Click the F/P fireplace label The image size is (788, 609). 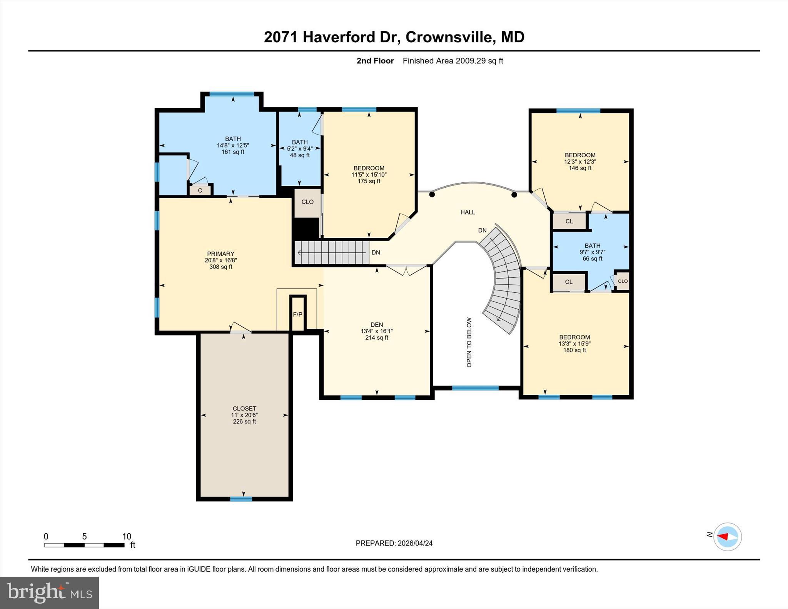[x=297, y=314]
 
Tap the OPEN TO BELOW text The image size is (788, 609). [x=469, y=342]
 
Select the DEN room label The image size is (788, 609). [x=377, y=325]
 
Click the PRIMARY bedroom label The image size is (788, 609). [x=220, y=254]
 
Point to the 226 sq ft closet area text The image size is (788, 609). [x=244, y=422]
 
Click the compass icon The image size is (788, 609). [x=727, y=537]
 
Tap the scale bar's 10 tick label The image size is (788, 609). [x=127, y=536]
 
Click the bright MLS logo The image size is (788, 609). [x=49, y=592]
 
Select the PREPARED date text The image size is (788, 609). [x=394, y=543]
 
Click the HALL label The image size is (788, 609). [x=467, y=212]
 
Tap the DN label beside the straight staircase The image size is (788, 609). [x=376, y=253]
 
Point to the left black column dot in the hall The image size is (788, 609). [x=432, y=195]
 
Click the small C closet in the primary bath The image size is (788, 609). [x=200, y=190]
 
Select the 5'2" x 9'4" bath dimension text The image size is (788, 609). [x=300, y=148]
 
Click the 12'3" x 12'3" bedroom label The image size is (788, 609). [x=580, y=162]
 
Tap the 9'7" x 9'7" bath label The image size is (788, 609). [x=592, y=252]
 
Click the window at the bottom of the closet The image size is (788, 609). [x=241, y=499]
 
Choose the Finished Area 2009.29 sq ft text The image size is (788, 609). [x=453, y=61]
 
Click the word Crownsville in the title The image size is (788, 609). [x=449, y=37]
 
